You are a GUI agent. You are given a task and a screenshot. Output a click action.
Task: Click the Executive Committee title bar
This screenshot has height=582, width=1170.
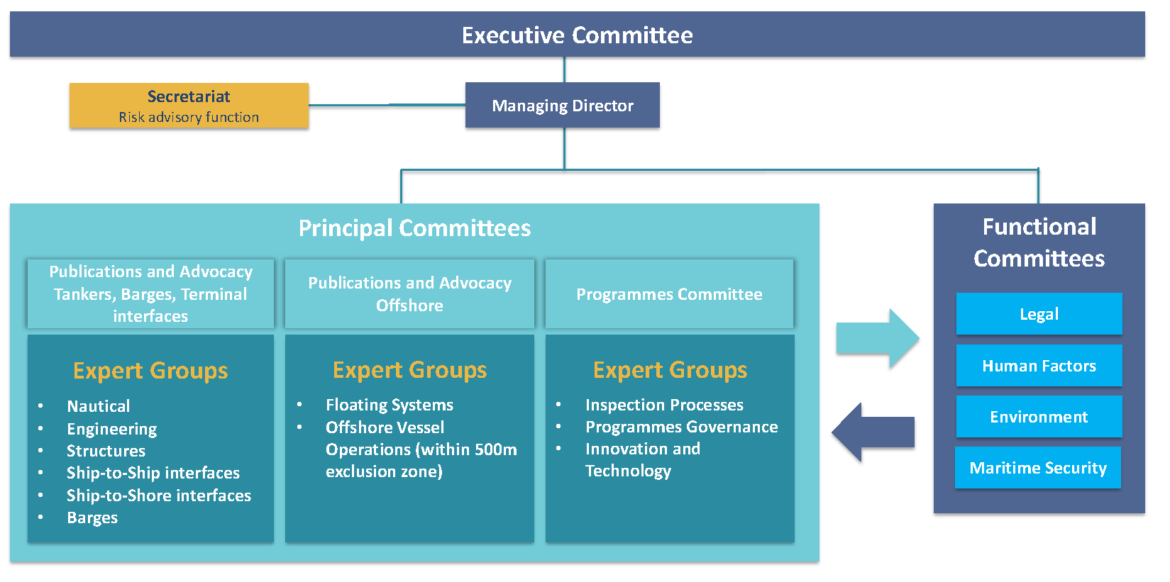click(x=577, y=35)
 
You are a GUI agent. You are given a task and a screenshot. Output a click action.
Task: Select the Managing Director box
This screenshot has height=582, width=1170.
click(x=562, y=106)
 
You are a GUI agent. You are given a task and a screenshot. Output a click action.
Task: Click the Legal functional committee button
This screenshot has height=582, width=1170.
click(x=1039, y=314)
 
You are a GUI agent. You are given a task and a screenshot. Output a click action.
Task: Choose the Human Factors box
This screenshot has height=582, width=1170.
click(x=1039, y=366)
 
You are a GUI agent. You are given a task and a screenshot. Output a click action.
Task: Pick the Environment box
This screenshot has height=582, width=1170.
click(x=1039, y=417)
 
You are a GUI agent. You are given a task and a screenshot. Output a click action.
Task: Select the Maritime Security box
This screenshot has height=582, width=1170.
click(x=1037, y=468)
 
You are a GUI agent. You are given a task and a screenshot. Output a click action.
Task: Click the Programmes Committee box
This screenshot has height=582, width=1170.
click(x=669, y=294)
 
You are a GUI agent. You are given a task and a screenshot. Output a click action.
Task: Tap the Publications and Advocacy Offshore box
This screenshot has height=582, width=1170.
click(x=409, y=294)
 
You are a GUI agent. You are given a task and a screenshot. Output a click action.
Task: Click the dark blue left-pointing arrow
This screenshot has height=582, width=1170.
click(x=873, y=432)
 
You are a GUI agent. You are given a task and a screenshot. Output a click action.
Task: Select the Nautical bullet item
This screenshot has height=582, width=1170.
click(x=99, y=406)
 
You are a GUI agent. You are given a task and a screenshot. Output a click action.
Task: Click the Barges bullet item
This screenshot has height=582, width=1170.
click(x=92, y=517)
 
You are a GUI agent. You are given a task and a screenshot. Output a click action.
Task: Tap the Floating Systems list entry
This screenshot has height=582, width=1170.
click(x=390, y=405)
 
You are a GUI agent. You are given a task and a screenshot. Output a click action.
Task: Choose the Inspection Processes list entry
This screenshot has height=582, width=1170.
click(x=664, y=405)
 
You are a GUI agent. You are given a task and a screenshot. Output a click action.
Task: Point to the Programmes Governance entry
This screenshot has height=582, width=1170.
click(x=681, y=427)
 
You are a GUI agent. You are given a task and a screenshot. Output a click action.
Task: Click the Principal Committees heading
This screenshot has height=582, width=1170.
click(x=414, y=228)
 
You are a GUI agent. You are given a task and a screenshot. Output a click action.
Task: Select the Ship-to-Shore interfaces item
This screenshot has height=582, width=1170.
click(x=159, y=496)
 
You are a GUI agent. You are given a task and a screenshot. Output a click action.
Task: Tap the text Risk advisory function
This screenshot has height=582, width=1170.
click(x=189, y=117)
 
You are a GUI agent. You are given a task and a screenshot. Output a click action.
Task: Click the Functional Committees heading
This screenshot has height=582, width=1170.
click(x=1039, y=242)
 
